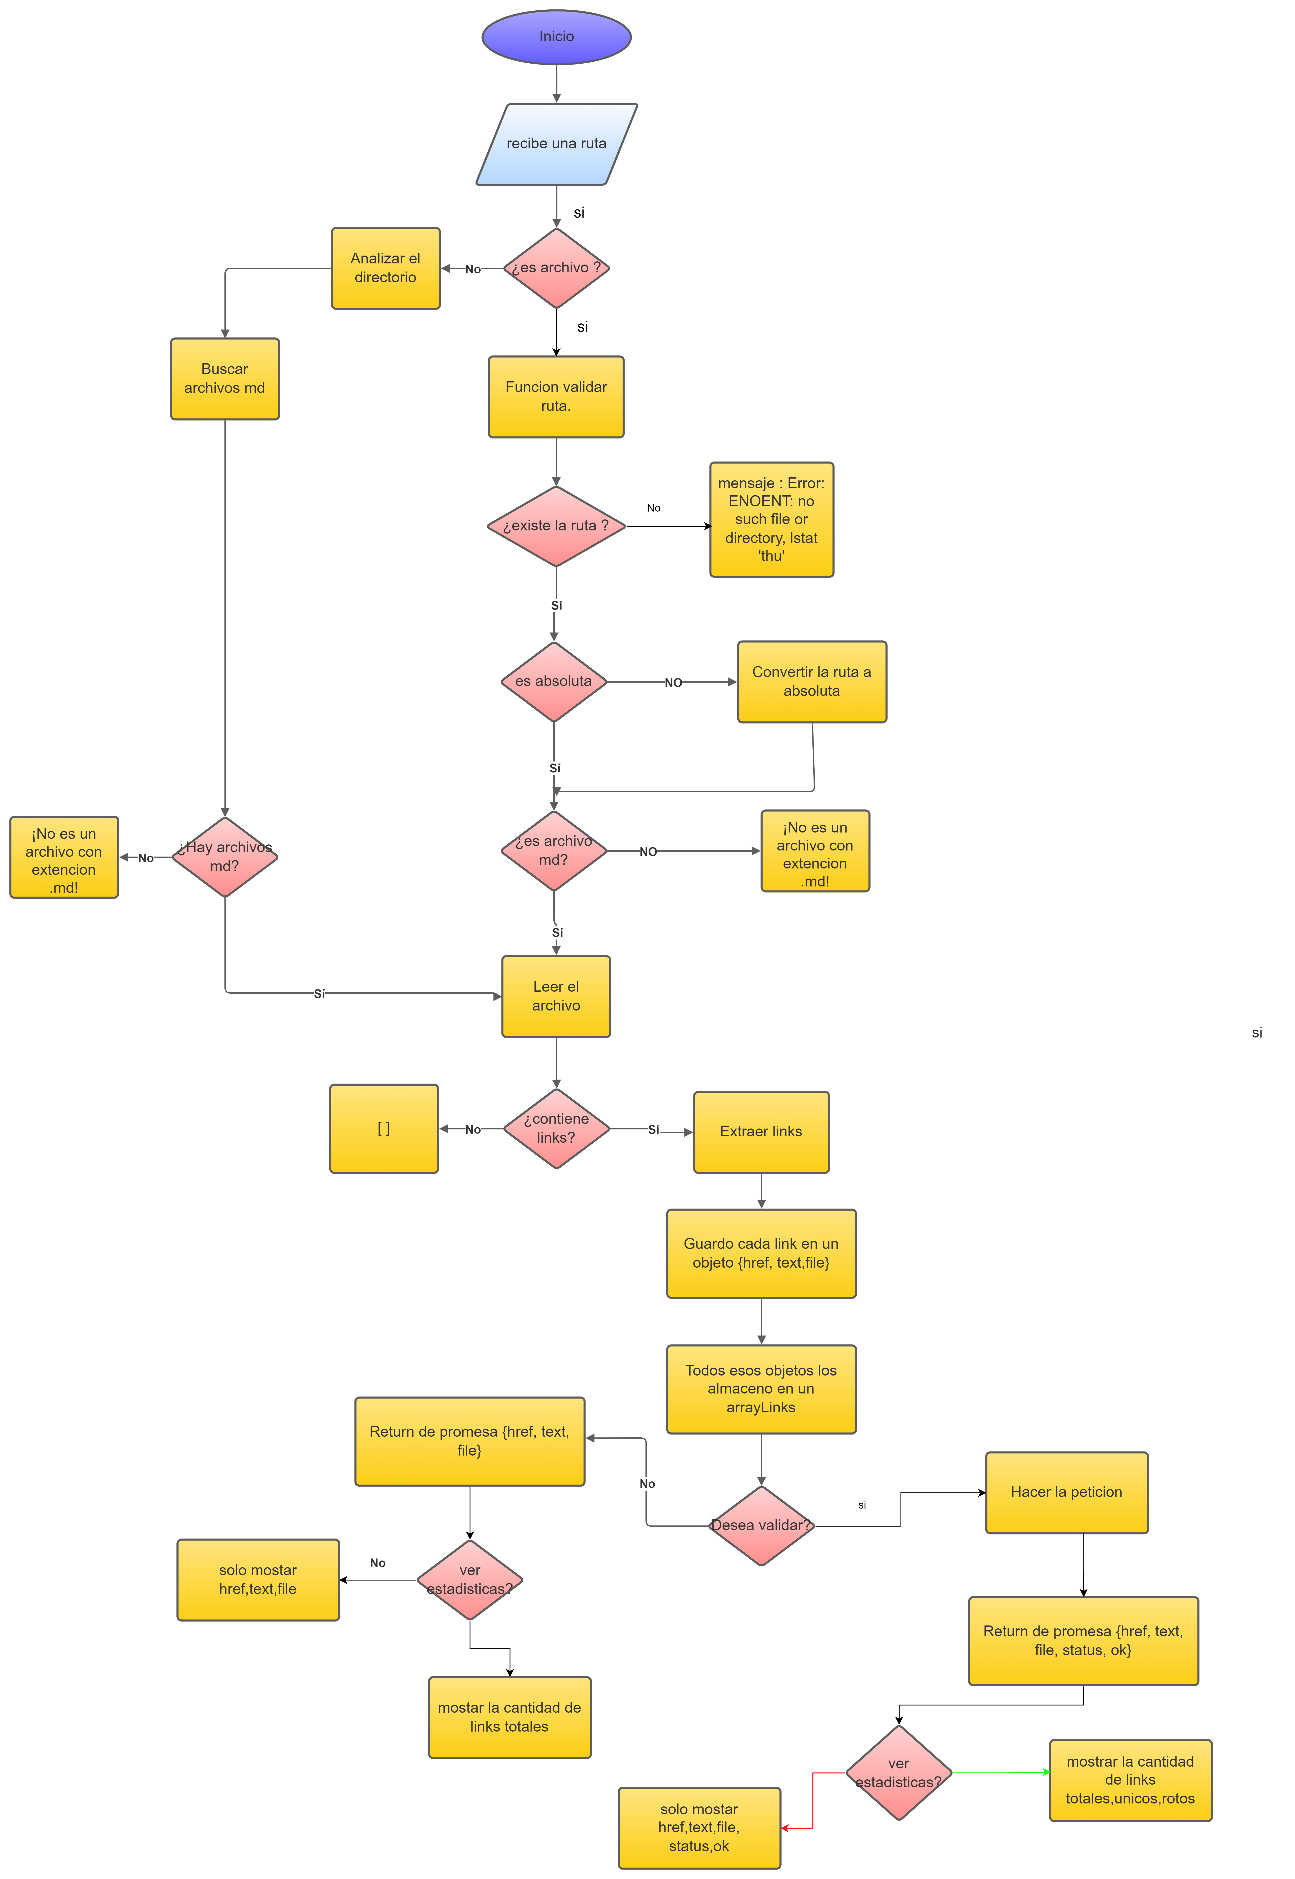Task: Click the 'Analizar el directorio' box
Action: [x=385, y=268]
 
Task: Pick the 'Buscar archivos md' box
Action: [x=225, y=378]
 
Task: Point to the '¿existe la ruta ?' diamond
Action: [x=556, y=526]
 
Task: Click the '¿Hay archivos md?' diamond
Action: [x=225, y=857]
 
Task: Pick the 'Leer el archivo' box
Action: [x=556, y=996]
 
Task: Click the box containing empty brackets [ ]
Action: [x=384, y=1128]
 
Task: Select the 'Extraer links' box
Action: [x=761, y=1131]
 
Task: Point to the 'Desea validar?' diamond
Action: [x=761, y=1525]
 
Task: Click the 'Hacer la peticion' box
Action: [x=1066, y=1492]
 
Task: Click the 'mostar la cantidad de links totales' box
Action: [x=510, y=1717]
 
